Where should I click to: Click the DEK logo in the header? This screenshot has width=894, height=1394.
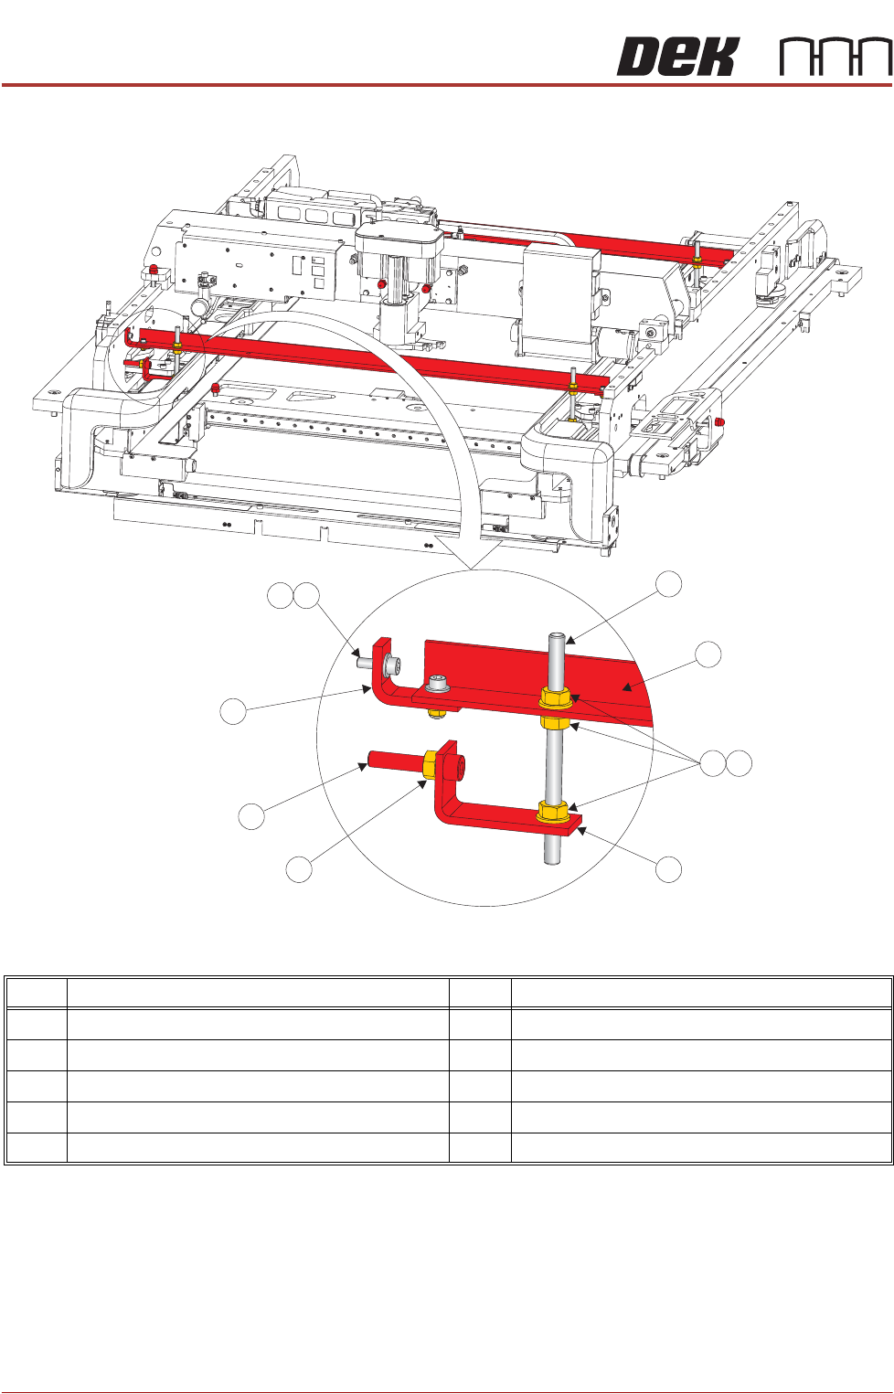(x=677, y=57)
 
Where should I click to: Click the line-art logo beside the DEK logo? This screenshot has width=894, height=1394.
(x=836, y=58)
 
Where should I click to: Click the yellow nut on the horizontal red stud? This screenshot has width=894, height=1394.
(x=430, y=765)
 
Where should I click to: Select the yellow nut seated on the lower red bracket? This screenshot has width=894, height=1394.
(x=551, y=812)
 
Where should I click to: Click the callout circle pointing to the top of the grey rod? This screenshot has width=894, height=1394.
(x=669, y=584)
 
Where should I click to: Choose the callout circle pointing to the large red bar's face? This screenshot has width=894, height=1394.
(x=708, y=654)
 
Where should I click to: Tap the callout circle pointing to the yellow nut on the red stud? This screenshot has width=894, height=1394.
(x=299, y=868)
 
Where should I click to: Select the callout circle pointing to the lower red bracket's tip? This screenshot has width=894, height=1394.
(x=669, y=868)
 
